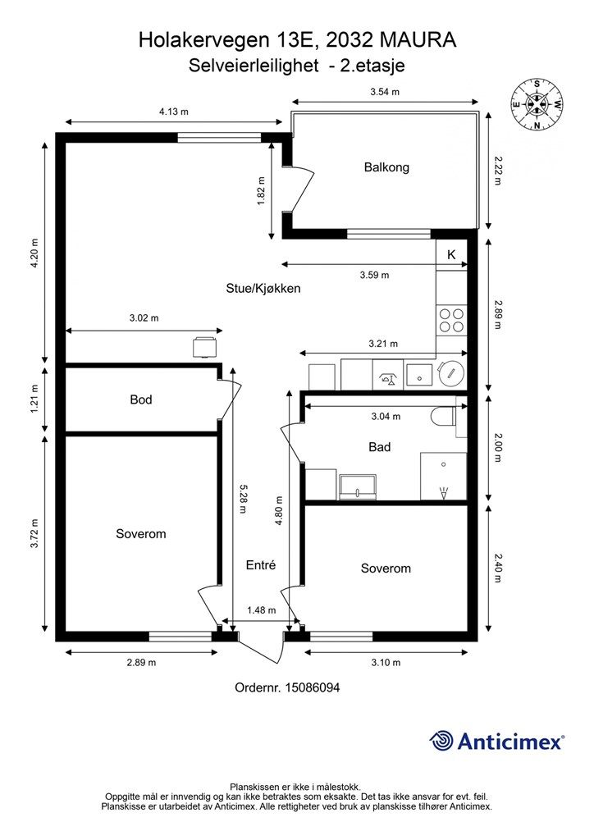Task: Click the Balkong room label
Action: [x=386, y=167]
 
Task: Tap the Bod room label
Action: [x=141, y=399]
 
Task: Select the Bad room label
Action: [x=379, y=447]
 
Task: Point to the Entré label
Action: [x=261, y=564]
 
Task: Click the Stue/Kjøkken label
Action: [x=263, y=288]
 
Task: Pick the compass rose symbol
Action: [x=536, y=104]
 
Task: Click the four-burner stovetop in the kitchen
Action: [x=451, y=320]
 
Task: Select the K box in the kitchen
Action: [x=451, y=255]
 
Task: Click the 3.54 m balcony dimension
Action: [x=385, y=92]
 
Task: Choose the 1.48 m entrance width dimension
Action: [x=262, y=610]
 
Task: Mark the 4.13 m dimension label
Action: [x=174, y=112]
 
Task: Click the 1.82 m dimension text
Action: [x=262, y=190]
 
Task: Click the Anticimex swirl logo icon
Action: [x=441, y=741]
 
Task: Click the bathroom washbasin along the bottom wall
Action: [x=357, y=486]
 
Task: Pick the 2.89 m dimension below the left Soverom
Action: [x=141, y=663]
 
